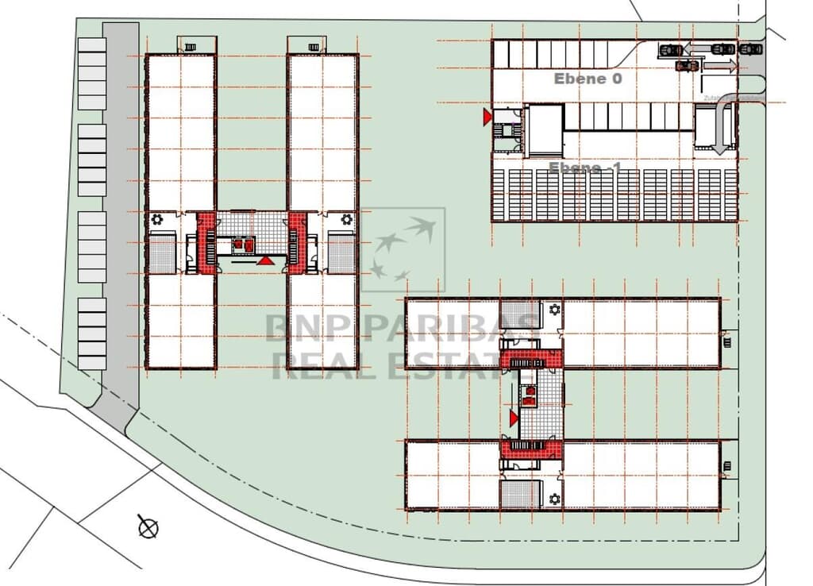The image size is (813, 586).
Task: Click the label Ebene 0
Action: coord(588,79)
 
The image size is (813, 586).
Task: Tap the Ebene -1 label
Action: coord(585,168)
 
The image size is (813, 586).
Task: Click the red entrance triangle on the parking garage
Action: coord(487,118)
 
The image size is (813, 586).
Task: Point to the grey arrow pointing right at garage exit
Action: coord(720,67)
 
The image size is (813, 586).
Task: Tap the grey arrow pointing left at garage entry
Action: coord(699,49)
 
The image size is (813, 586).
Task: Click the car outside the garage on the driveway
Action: coord(749,49)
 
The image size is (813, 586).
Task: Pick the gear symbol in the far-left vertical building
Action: coord(158,218)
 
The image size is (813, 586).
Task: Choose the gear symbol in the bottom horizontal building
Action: coord(553,498)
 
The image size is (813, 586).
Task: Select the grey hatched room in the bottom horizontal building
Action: coord(520,495)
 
